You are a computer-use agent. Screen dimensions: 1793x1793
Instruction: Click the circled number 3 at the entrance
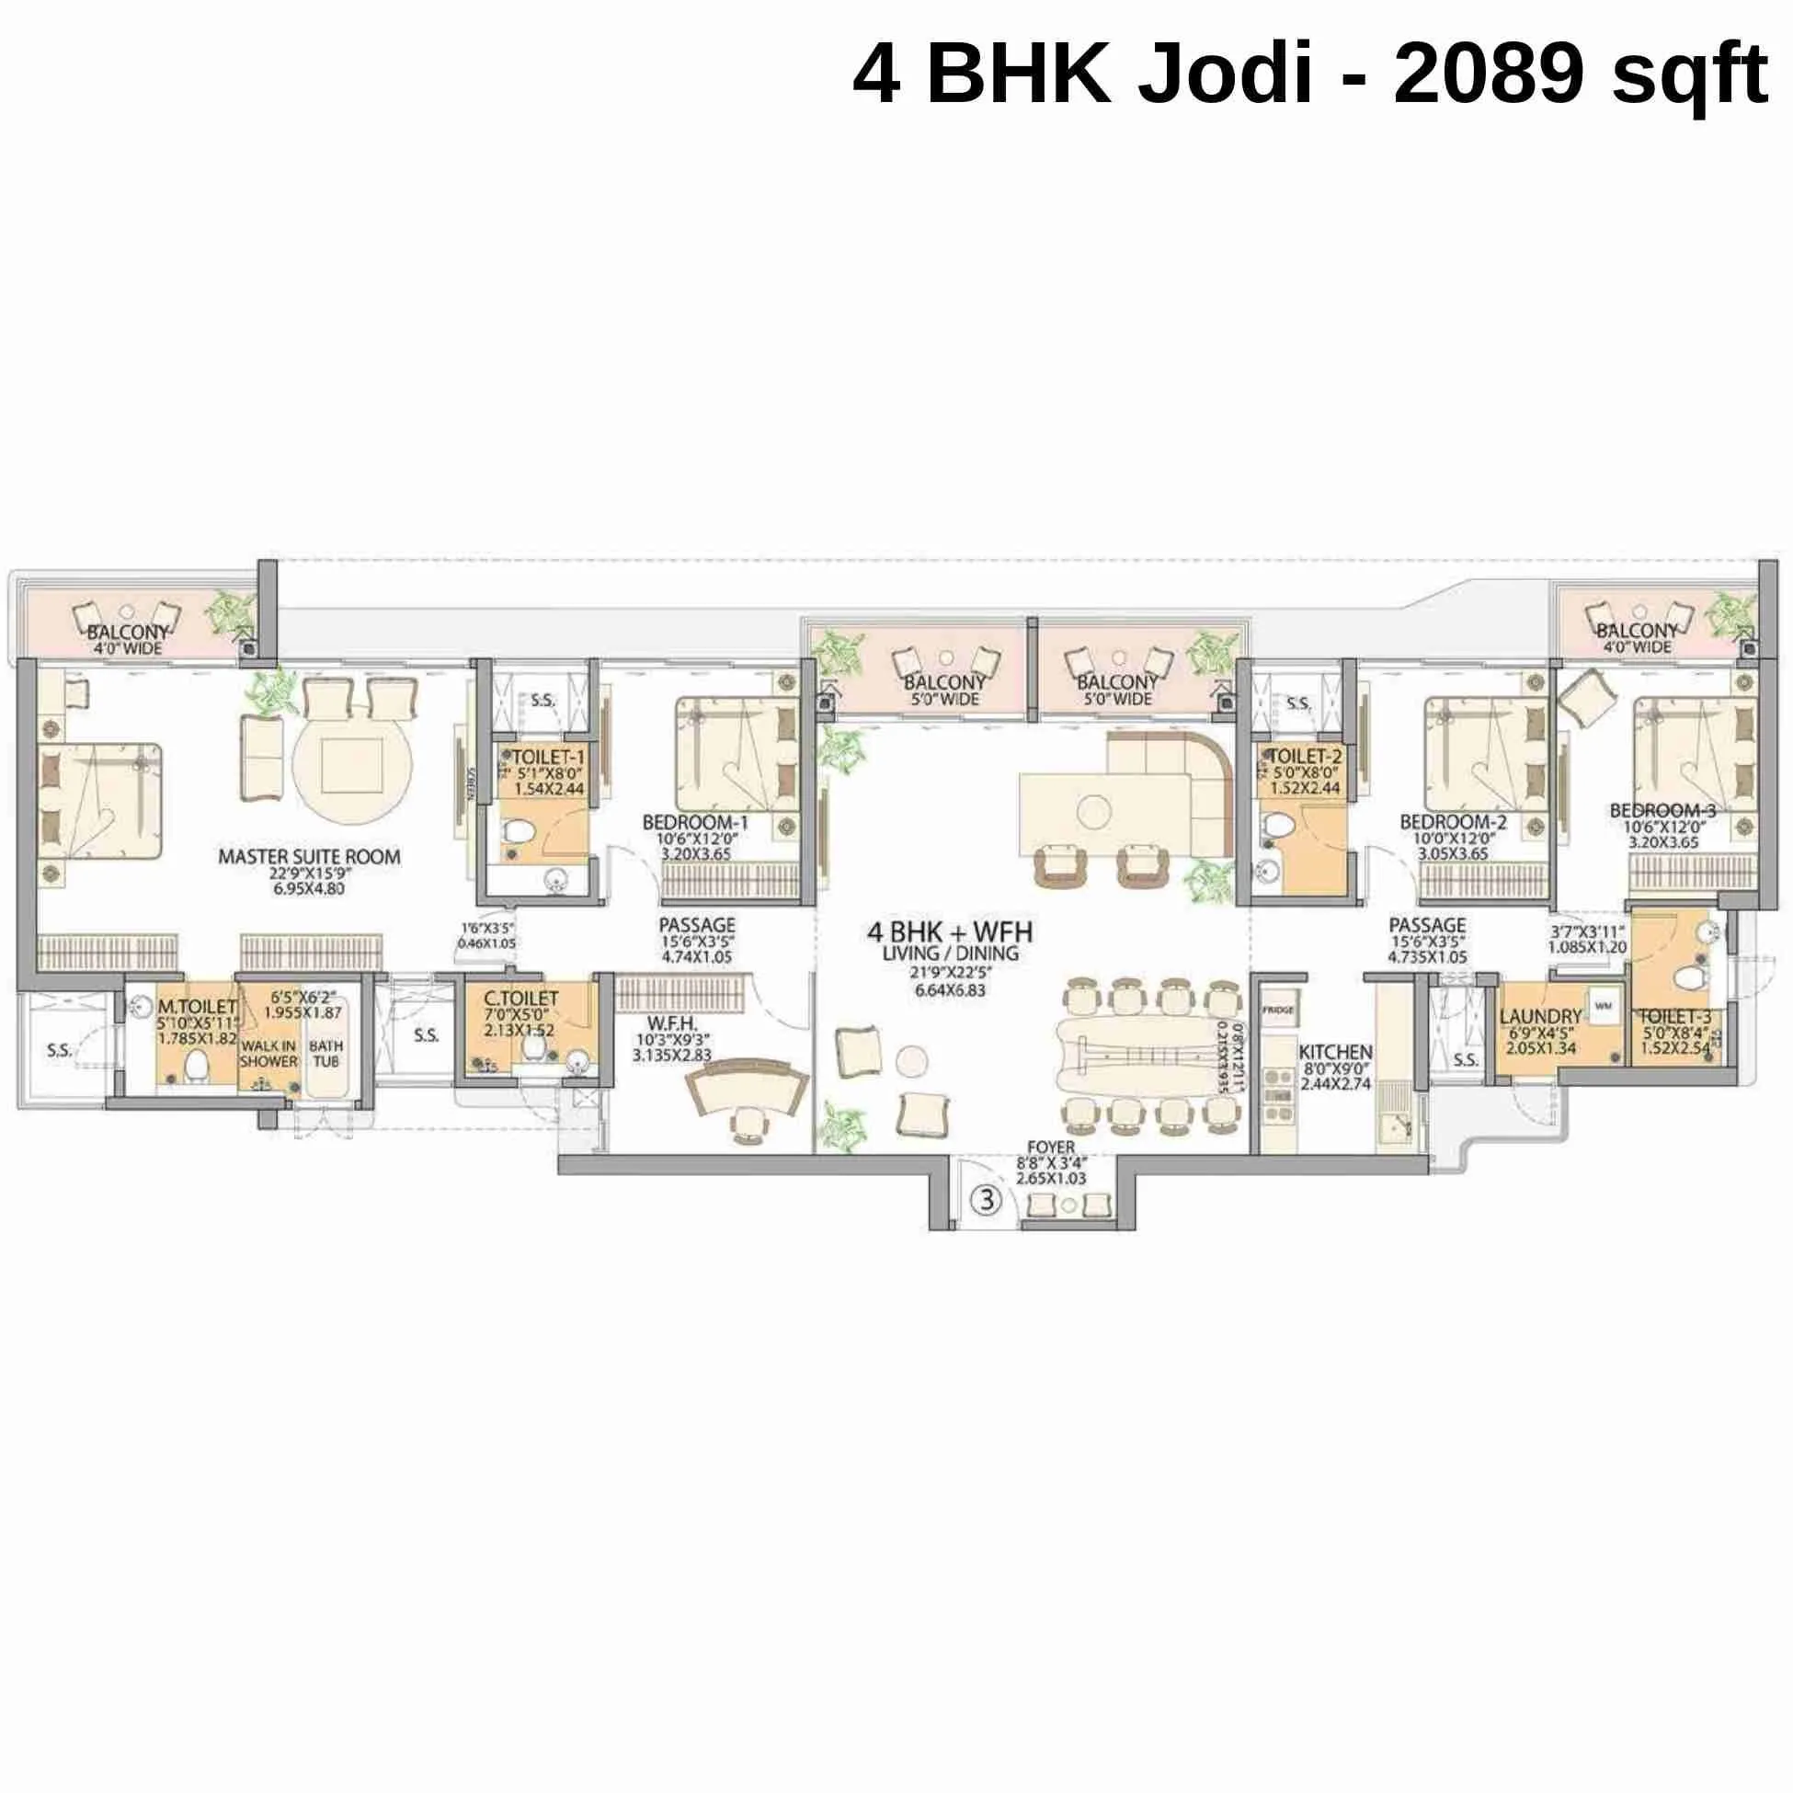coord(987,1201)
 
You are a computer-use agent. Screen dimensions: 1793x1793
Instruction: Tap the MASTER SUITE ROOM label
coord(309,857)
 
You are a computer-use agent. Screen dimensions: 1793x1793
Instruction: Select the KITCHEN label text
coord(1334,1052)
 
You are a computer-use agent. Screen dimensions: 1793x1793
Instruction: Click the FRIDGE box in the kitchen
coord(1279,1010)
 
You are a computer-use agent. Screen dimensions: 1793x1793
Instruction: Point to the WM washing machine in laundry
coord(1604,1005)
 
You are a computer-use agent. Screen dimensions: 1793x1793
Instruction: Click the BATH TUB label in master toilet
coord(325,1053)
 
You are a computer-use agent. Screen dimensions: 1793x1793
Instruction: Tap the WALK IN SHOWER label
coord(269,1054)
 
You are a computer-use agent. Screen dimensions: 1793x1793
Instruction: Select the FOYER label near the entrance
coord(1051,1148)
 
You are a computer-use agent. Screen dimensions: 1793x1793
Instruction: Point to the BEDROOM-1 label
coord(695,822)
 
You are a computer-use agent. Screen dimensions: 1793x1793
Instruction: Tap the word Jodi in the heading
coord(1225,75)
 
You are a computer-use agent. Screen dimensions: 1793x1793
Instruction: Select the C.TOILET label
coord(521,999)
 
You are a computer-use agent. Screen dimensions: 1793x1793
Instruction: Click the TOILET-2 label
coord(1305,757)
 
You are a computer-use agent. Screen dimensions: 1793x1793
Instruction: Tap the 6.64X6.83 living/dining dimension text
coord(949,990)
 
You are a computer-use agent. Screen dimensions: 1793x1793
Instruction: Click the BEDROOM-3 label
coord(1663,810)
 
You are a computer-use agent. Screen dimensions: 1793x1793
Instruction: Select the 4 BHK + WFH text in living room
coord(949,931)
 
